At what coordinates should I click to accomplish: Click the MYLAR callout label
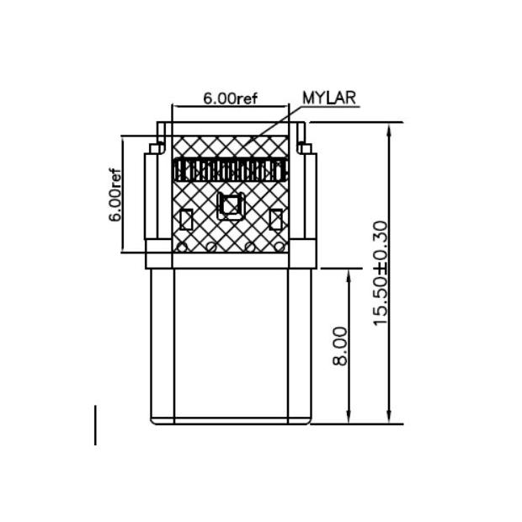pyautogui.click(x=328, y=97)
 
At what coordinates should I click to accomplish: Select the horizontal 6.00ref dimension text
pyautogui.click(x=229, y=98)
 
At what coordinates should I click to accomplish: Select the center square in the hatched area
pyautogui.click(x=230, y=205)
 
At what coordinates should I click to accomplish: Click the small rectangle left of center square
pyautogui.click(x=187, y=220)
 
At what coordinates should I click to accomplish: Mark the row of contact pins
pyautogui.click(x=230, y=171)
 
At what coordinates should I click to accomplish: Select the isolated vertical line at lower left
pyautogui.click(x=95, y=425)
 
